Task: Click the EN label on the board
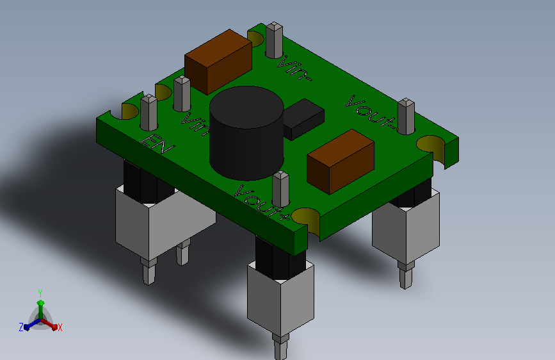click(158, 144)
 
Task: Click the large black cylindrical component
click(246, 133)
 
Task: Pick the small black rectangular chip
click(304, 119)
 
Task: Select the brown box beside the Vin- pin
click(218, 61)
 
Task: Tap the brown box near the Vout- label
click(341, 161)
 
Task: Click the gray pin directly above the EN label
click(149, 112)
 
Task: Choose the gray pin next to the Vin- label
click(275, 40)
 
